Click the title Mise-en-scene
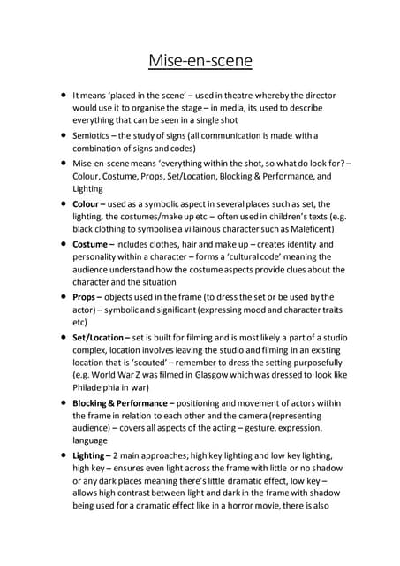tap(200, 61)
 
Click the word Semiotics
tap(93, 135)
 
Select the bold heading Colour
tap(91, 203)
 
